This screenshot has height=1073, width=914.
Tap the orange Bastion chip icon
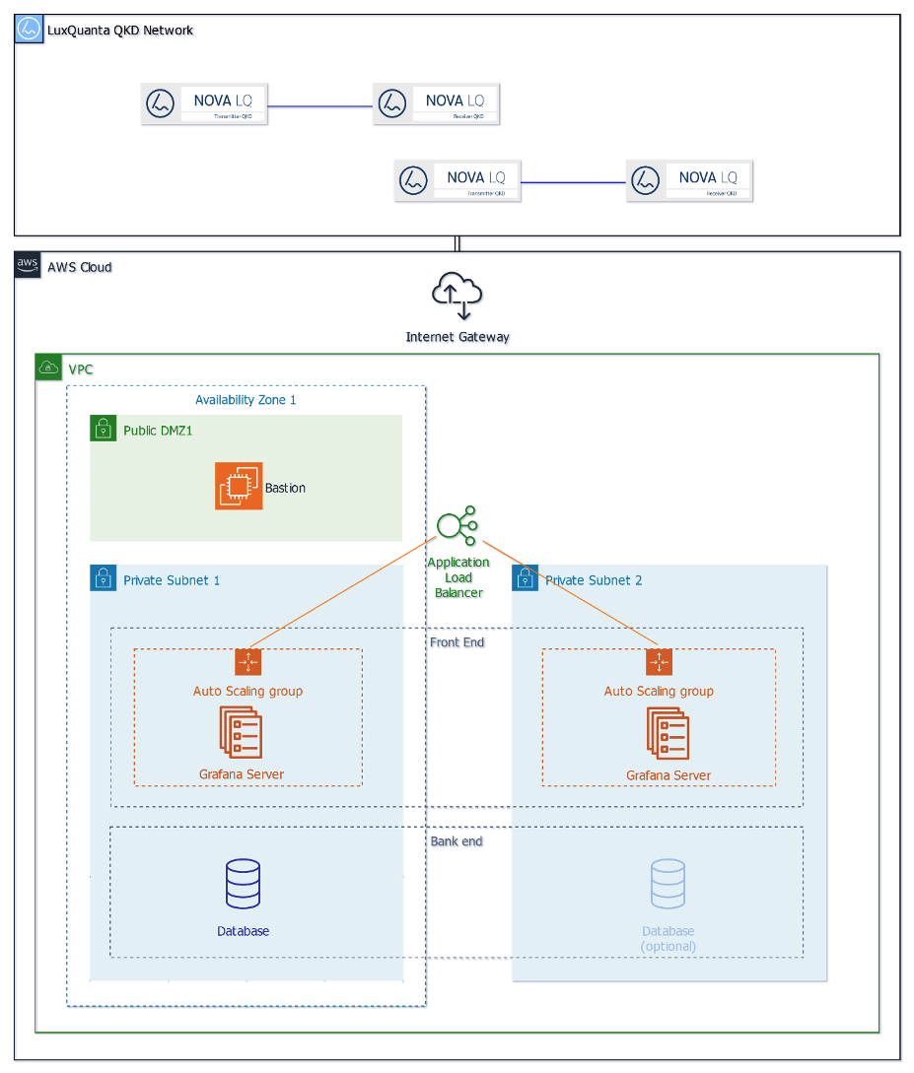pyautogui.click(x=239, y=487)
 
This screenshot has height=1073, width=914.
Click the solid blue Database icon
pyautogui.click(x=243, y=884)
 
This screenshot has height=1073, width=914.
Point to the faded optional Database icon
pyautogui.click(x=668, y=884)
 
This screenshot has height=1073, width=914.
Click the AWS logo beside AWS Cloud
pyautogui.click(x=28, y=266)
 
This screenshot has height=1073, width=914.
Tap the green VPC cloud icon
pyautogui.click(x=48, y=369)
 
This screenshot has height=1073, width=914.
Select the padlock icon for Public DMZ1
pyautogui.click(x=103, y=429)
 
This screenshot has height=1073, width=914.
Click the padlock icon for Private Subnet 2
pyautogui.click(x=525, y=578)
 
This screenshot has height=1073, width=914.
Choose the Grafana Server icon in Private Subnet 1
pyautogui.click(x=241, y=733)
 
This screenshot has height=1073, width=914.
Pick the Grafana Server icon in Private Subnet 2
pyautogui.click(x=668, y=733)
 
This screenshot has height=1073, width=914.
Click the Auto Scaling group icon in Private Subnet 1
pyautogui.click(x=247, y=662)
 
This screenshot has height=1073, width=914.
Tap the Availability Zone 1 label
pyautogui.click(x=246, y=399)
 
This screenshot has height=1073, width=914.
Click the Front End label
pyautogui.click(x=457, y=642)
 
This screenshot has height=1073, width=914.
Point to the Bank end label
pyautogui.click(x=457, y=841)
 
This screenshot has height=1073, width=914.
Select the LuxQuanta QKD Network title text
pyautogui.click(x=120, y=31)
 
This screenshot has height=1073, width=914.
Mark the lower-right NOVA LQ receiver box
pyautogui.click(x=689, y=180)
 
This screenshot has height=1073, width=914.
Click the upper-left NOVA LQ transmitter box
pyautogui.click(x=204, y=103)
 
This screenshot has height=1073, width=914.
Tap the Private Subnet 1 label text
pyautogui.click(x=172, y=580)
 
